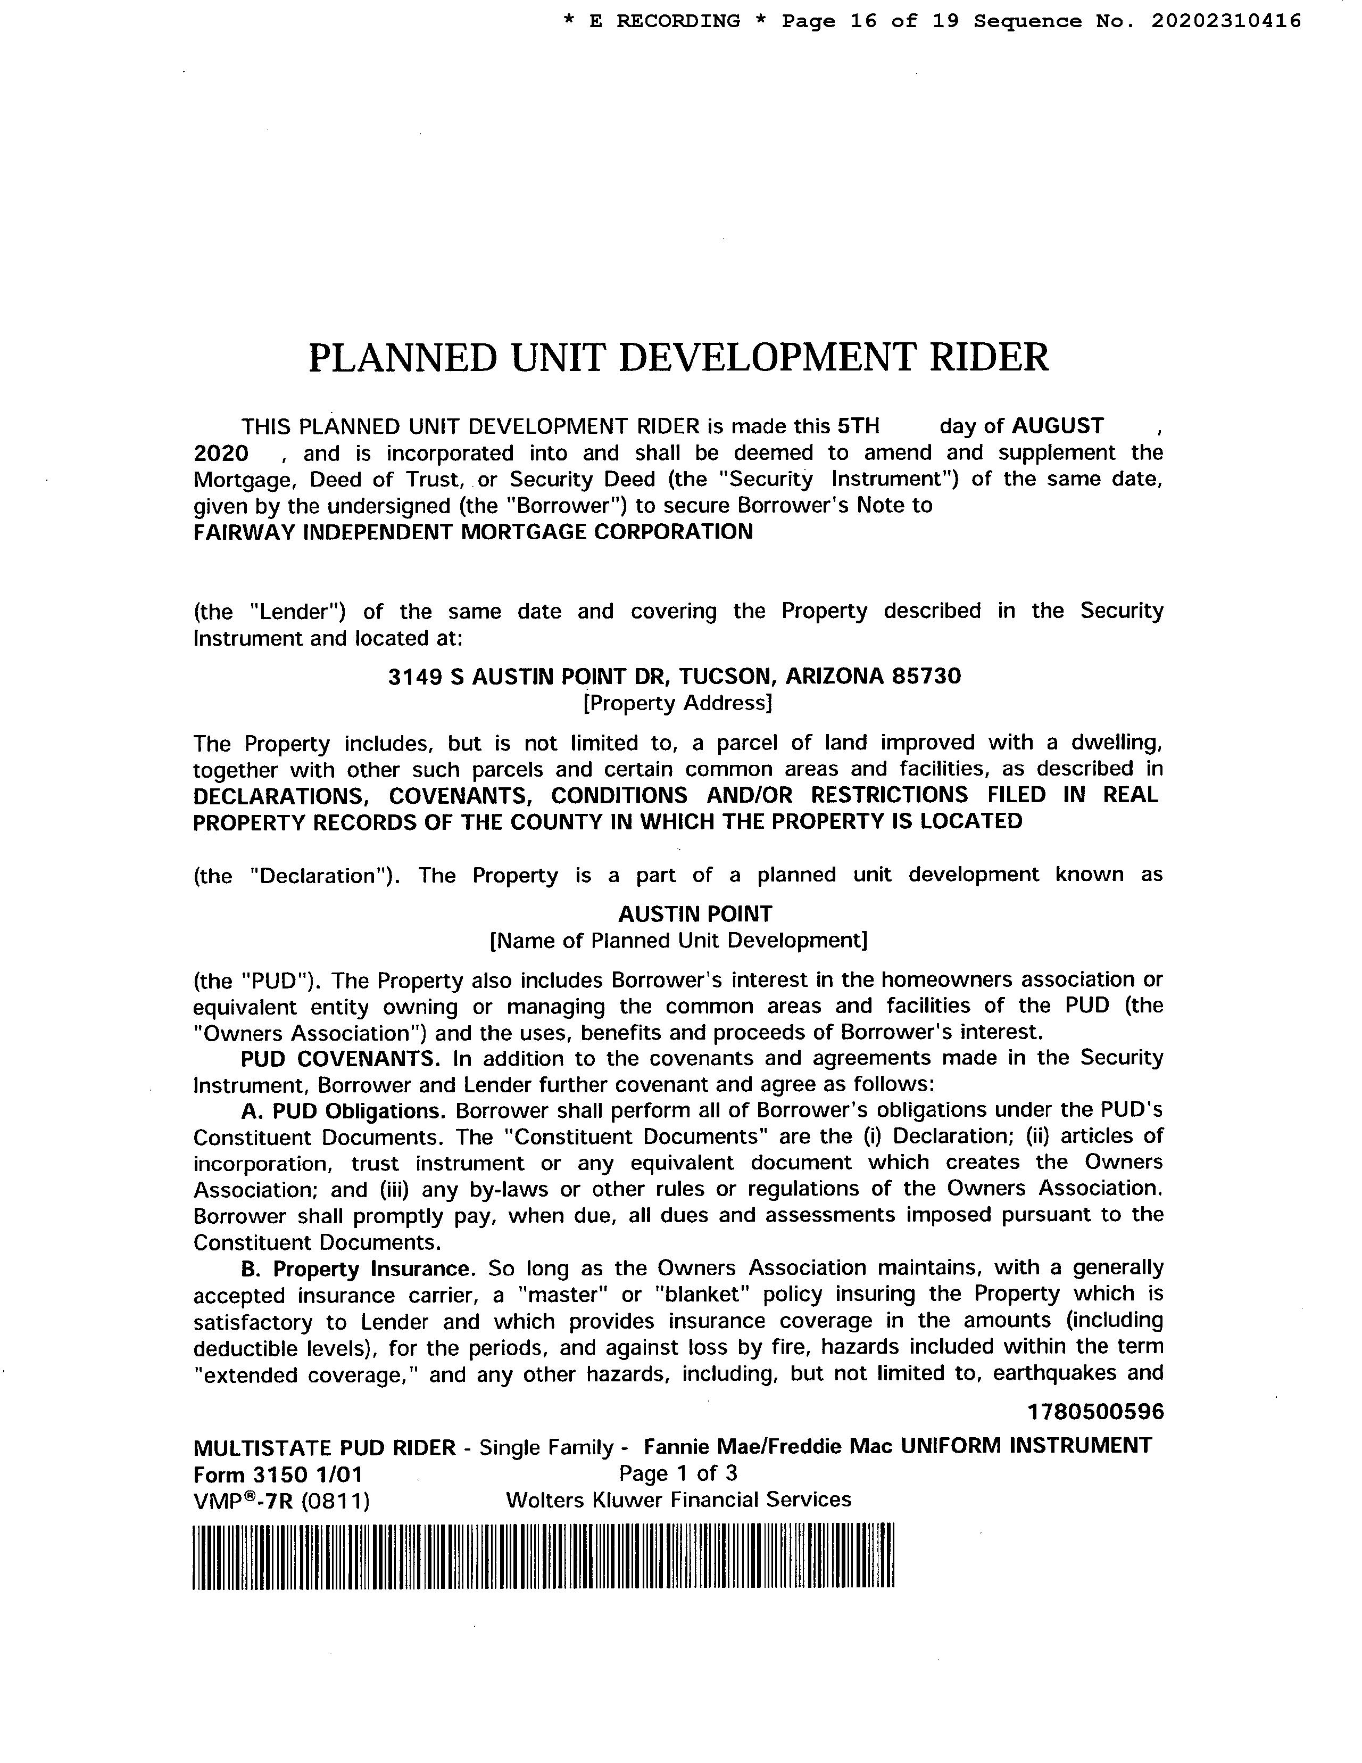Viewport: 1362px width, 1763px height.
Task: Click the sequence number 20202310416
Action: (x=1226, y=21)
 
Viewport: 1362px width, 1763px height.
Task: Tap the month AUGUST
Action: (x=1058, y=425)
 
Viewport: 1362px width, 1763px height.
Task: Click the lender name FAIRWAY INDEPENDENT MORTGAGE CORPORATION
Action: (x=473, y=532)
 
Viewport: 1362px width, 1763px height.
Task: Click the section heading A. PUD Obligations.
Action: (x=343, y=1111)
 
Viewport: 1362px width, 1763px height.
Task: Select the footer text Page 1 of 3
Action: (x=678, y=1473)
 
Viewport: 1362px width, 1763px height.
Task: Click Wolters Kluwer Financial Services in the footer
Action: (x=678, y=1500)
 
